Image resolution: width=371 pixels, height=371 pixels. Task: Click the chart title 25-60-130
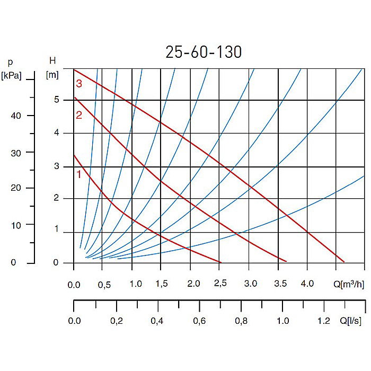tap(204, 52)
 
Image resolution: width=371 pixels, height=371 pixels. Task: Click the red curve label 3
tap(79, 83)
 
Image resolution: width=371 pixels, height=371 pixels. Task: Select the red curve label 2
tap(79, 115)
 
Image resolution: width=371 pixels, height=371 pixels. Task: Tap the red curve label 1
tap(79, 174)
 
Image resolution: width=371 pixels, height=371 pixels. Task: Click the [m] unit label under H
tap(52, 75)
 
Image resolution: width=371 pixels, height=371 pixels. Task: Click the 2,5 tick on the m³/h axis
tap(220, 284)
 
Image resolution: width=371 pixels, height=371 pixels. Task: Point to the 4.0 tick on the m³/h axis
tap(307, 284)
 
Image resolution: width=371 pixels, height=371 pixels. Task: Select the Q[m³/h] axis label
tap(349, 284)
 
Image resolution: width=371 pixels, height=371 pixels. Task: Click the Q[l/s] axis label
tap(351, 321)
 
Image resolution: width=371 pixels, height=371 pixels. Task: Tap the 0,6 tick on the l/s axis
tap(199, 321)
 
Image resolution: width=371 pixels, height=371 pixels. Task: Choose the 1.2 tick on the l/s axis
tap(323, 321)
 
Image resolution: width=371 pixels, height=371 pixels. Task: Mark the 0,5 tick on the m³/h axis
tap(104, 284)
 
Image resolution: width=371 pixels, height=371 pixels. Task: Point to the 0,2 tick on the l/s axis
tap(116, 321)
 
